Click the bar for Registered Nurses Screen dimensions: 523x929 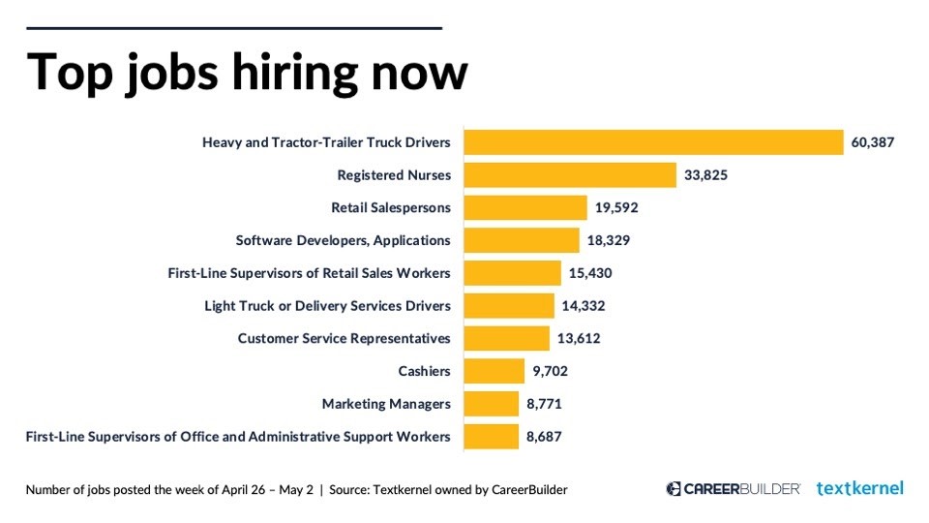[570, 175]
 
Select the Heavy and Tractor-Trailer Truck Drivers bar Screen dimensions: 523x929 [654, 142]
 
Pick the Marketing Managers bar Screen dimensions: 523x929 [492, 404]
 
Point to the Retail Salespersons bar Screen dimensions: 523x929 [525, 208]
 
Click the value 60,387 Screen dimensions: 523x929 [873, 142]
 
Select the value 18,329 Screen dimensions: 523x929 [612, 240]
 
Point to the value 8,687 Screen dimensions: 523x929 [544, 437]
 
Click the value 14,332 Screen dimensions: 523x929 [584, 306]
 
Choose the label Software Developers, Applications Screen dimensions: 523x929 [344, 240]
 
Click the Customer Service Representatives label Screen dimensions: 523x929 [345, 339]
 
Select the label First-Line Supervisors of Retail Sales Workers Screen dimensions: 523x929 [310, 273]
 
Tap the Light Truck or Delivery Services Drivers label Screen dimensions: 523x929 [327, 306]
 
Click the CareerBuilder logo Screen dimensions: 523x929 [734, 489]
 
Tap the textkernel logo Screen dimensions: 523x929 [860, 488]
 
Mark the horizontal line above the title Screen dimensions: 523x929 [234, 28]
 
